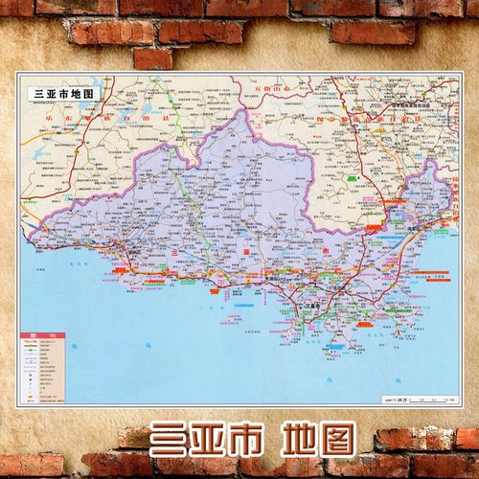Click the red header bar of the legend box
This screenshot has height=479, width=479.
[41, 333]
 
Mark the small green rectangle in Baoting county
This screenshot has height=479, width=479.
[354, 180]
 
